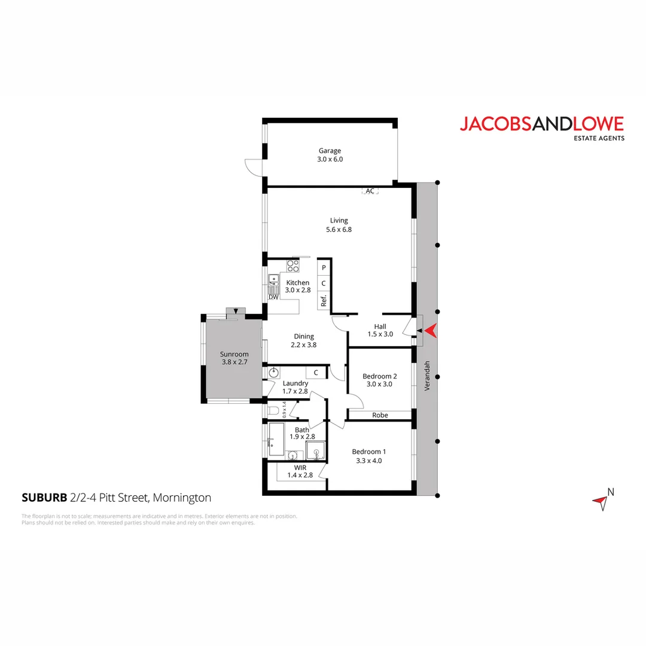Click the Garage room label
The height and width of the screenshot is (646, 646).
coord(330,151)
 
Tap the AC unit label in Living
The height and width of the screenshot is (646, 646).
coord(370,191)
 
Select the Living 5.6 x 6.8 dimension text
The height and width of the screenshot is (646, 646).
coord(339,229)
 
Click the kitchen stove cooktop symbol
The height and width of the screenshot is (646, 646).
coord(293,265)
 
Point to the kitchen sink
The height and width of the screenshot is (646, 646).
coord(274,281)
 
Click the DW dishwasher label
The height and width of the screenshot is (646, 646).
coord(273,297)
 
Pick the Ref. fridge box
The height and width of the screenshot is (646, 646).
coord(324,301)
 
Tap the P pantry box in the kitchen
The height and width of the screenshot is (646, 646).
coord(324,268)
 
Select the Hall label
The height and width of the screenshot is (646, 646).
coord(380,327)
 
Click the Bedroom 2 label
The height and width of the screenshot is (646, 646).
coord(380,376)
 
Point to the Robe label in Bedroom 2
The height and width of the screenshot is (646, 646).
coord(380,415)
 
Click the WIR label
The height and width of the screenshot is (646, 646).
coord(300,468)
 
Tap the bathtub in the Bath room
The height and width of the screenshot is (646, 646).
coord(276,442)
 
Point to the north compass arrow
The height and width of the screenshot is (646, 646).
coord(601,502)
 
